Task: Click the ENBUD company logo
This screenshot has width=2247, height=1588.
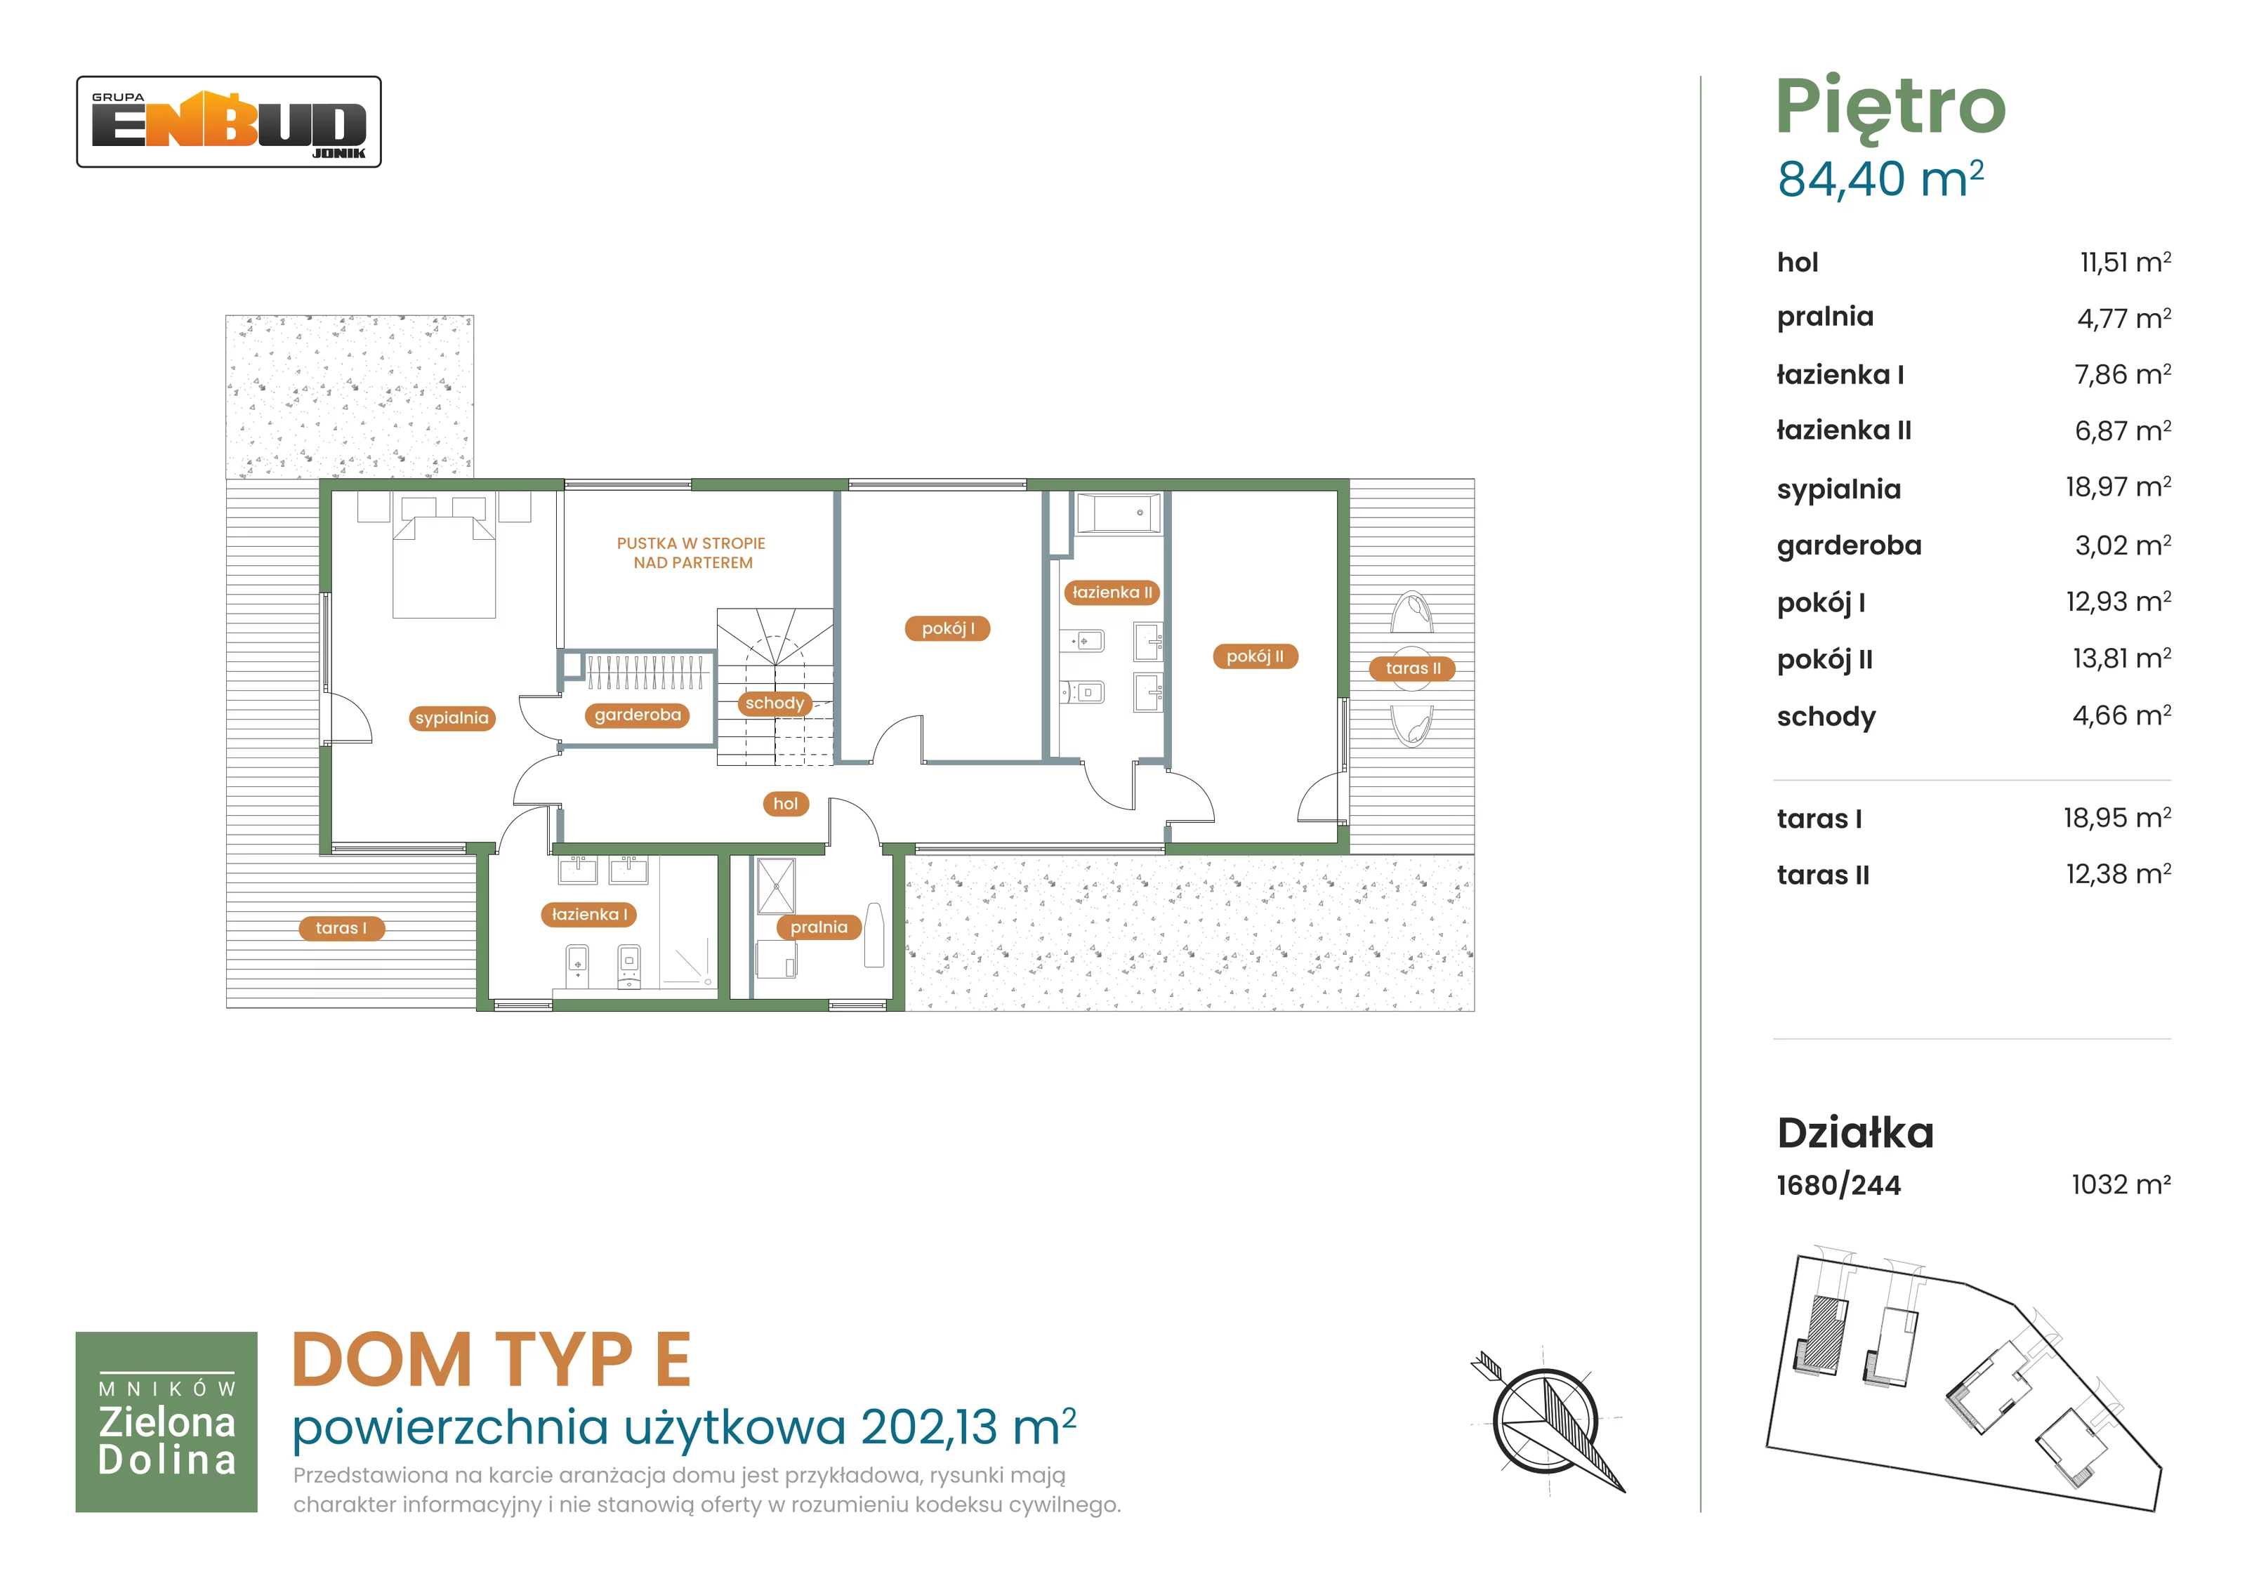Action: point(229,122)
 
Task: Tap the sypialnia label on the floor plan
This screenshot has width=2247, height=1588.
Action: point(452,718)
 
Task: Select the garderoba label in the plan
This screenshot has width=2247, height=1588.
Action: point(638,715)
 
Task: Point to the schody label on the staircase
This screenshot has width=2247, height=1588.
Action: point(774,703)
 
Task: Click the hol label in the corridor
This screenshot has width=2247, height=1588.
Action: point(786,805)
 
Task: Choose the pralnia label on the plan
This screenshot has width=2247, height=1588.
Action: point(819,927)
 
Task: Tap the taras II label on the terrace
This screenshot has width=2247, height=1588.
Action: point(1414,668)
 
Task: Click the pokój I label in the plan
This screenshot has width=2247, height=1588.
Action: point(949,628)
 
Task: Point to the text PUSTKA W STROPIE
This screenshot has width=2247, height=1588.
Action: point(691,543)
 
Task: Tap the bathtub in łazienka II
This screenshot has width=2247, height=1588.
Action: point(1118,512)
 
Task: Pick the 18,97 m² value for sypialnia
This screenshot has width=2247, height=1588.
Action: point(2118,487)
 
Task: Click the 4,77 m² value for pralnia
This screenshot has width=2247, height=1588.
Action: point(2123,318)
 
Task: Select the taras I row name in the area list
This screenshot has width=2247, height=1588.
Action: point(1819,819)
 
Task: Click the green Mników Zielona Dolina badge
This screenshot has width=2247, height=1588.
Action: point(166,1422)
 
